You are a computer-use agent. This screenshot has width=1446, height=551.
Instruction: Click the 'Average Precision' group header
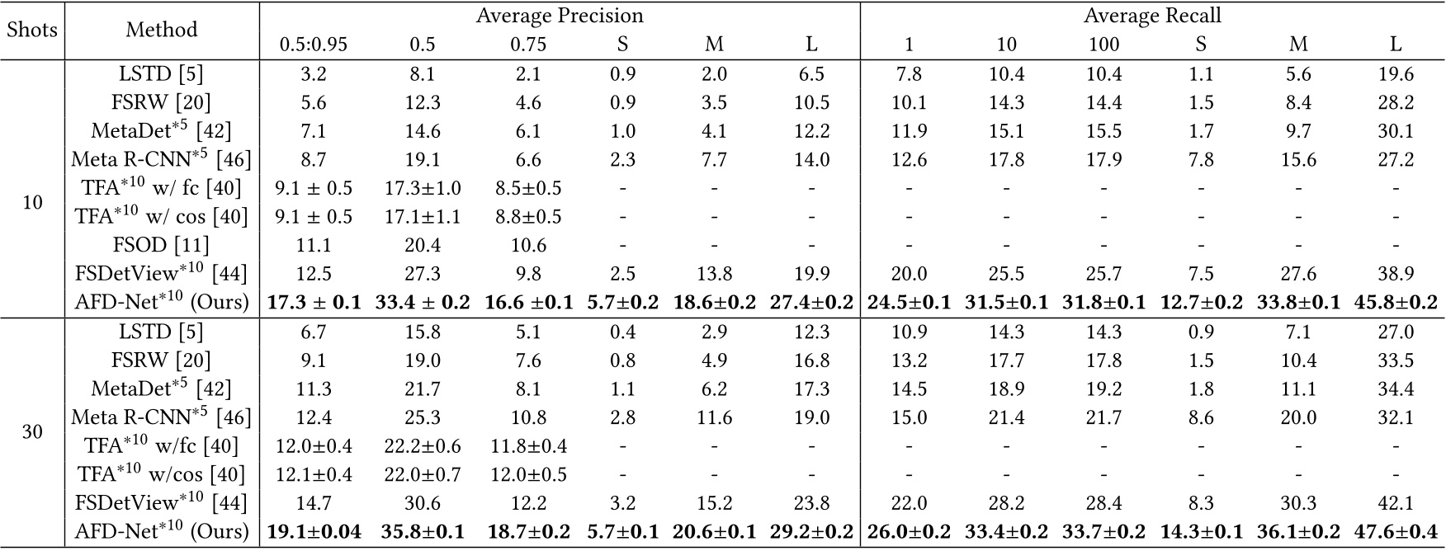coord(560,16)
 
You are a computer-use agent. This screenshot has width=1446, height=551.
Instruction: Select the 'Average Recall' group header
coord(1152,16)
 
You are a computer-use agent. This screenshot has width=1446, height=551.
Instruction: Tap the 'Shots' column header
coord(32,30)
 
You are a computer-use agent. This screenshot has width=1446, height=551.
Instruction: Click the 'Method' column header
coord(162,30)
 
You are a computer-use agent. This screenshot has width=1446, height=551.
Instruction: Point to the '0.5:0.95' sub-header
coord(314,44)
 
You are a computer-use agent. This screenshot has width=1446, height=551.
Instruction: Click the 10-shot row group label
coord(32,202)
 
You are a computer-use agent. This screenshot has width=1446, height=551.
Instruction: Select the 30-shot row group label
coord(32,431)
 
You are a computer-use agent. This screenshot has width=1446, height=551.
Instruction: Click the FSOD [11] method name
coord(162,245)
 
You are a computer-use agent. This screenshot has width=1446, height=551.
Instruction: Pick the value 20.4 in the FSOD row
coord(422,245)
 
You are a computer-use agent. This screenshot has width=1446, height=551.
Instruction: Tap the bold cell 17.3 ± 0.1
coord(314,303)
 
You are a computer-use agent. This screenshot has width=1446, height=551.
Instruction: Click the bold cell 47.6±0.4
coord(1396,532)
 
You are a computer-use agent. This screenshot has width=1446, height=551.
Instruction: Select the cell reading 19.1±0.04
coord(314,532)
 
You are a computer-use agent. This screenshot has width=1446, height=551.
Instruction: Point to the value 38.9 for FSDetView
coord(1396,274)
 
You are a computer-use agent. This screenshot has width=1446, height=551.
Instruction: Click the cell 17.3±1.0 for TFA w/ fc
coord(422,188)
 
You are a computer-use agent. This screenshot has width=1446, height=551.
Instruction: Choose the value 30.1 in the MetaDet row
coord(1396,131)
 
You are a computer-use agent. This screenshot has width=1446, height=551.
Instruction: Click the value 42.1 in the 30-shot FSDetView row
coord(1396,503)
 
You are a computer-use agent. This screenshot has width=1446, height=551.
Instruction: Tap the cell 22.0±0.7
coord(422,474)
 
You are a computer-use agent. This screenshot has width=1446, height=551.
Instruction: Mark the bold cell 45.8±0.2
coord(1396,303)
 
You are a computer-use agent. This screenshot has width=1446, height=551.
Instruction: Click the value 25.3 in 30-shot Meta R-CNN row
coord(422,417)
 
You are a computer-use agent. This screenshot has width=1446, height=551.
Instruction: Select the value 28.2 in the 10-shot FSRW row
coord(1396,102)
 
